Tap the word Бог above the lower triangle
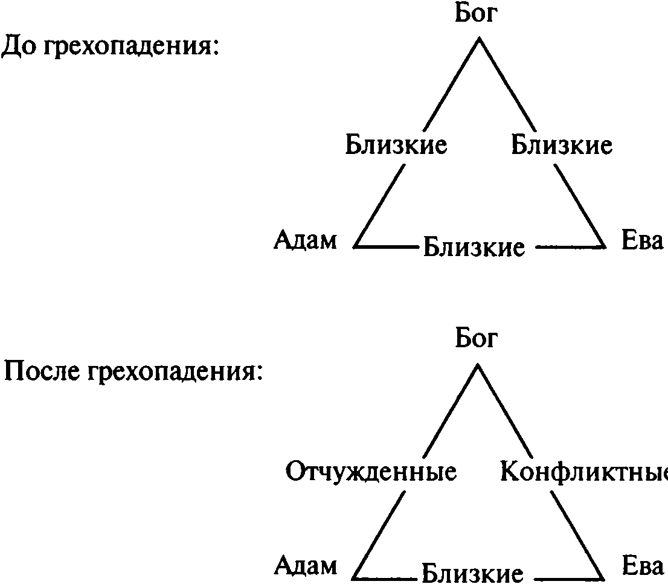[x=476, y=339]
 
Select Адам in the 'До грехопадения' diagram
[x=305, y=241]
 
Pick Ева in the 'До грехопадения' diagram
[x=642, y=241]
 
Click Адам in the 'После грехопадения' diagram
[x=305, y=566]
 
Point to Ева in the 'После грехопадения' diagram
[x=642, y=566]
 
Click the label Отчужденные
[x=371, y=472]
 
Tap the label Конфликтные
[x=583, y=472]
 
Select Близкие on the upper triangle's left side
[x=396, y=146]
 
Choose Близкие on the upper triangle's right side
[x=562, y=146]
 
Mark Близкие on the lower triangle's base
[x=472, y=573]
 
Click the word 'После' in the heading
[x=43, y=373]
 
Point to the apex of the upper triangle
[x=479, y=39]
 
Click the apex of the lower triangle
[x=478, y=364]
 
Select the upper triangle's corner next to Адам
[x=355, y=246]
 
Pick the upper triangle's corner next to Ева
[x=605, y=246]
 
